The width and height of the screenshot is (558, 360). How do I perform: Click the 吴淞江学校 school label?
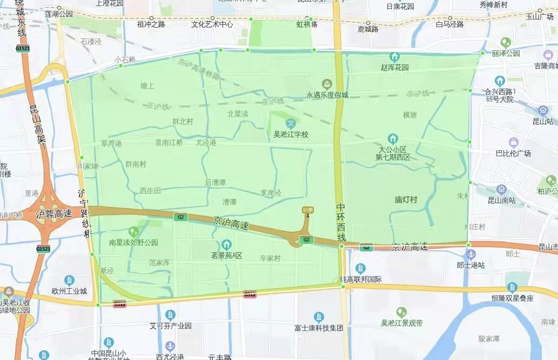tap(291, 134)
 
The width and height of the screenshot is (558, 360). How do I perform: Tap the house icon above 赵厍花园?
tap(395, 57)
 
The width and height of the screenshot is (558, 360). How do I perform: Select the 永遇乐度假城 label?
tap(327, 95)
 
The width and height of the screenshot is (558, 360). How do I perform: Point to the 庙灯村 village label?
tap(406, 199)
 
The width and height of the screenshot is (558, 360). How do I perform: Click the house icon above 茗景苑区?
tap(226, 245)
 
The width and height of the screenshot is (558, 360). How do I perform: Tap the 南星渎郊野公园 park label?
tap(133, 243)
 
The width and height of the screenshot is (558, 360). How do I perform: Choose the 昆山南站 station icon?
tap(502, 189)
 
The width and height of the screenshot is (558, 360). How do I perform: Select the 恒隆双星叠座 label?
tap(512, 298)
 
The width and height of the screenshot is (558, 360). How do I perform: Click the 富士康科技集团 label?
tap(319, 328)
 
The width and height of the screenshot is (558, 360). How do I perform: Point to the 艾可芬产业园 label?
tap(170, 326)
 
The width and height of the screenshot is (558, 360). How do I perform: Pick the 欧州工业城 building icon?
tap(69, 279)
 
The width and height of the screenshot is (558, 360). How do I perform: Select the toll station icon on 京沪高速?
tap(308, 211)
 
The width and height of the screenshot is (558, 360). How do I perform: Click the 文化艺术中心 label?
tap(212, 24)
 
